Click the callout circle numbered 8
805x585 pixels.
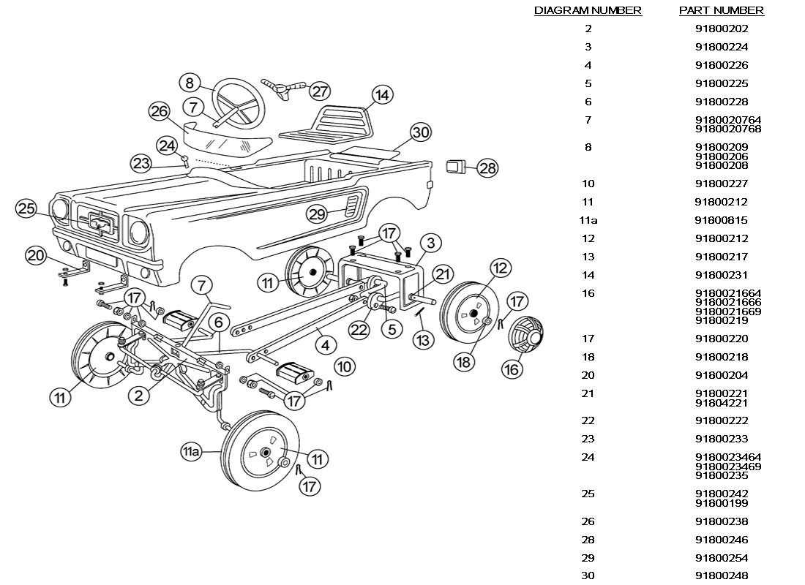(x=190, y=83)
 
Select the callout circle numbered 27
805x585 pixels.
(x=320, y=91)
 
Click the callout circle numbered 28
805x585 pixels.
(x=487, y=168)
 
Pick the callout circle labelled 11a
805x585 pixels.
(x=190, y=452)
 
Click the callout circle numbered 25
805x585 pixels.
(x=26, y=208)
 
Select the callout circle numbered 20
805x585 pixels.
(x=36, y=255)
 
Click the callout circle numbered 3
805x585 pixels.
(x=431, y=243)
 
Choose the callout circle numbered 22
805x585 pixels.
(x=359, y=330)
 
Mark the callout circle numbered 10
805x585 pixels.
(x=345, y=366)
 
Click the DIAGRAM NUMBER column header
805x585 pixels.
(x=588, y=10)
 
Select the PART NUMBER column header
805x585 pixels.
(x=722, y=10)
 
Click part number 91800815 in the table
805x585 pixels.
(x=722, y=220)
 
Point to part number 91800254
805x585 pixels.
(x=722, y=558)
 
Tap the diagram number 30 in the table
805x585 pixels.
(x=588, y=575)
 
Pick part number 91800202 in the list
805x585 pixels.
(x=722, y=29)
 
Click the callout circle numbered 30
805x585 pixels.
(x=421, y=132)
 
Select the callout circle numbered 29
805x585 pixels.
(x=318, y=214)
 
